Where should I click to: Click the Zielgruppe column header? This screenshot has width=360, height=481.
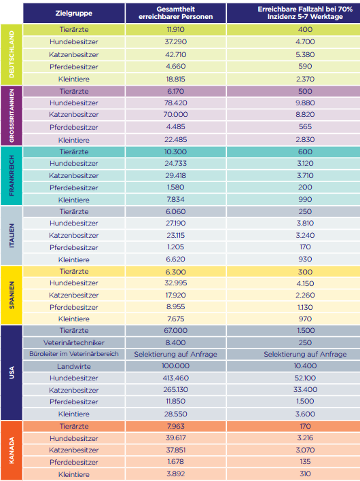[74, 13]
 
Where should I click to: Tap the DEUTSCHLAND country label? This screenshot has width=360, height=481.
[12, 54]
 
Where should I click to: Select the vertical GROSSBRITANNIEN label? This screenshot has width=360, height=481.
[12, 115]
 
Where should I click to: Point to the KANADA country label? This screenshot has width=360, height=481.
[12, 450]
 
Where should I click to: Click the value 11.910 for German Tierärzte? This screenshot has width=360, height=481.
[176, 29]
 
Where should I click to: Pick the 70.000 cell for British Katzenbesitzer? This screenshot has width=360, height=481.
[176, 114]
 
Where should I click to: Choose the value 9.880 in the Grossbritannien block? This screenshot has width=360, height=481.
[305, 103]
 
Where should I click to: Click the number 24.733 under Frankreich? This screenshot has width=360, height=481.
[176, 163]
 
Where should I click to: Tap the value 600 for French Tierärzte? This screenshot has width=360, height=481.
[305, 152]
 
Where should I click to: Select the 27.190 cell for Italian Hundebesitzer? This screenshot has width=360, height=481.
[176, 223]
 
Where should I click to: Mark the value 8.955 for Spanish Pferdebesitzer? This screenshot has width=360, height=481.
[176, 307]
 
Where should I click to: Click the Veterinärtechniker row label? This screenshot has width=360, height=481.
[74, 342]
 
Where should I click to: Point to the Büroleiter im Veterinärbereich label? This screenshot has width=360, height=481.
[74, 354]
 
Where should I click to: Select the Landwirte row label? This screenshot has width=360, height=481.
[74, 366]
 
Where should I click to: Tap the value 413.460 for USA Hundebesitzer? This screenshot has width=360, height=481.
[176, 378]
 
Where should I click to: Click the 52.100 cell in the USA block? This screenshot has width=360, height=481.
[305, 378]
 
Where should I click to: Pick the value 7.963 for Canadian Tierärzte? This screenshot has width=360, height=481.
[176, 426]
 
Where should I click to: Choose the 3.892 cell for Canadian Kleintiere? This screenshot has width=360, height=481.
[176, 474]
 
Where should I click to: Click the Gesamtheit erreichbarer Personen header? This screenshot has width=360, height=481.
[176, 13]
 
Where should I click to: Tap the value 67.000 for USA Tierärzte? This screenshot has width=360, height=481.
[176, 330]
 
